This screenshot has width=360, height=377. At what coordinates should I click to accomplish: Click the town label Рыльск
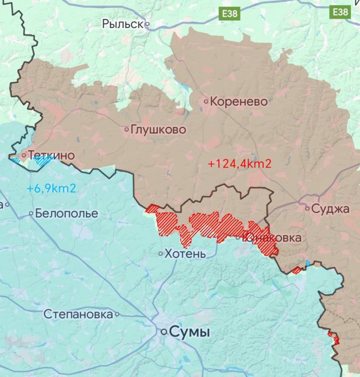pyautogui.click(x=122, y=24)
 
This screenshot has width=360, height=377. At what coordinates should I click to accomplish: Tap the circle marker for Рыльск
pyautogui.click(x=147, y=24)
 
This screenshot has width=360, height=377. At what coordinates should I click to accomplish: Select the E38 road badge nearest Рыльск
pyautogui.click(x=230, y=14)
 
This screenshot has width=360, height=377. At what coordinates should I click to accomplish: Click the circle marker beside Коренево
pyautogui.click(x=206, y=101)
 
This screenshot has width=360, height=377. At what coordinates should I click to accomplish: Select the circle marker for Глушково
pyautogui.click(x=126, y=129)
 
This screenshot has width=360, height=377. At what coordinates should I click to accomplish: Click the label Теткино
pyautogui.click(x=51, y=155)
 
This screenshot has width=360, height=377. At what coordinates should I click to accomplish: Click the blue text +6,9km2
pyautogui.click(x=51, y=189)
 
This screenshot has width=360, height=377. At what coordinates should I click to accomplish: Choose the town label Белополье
pyautogui.click(x=67, y=213)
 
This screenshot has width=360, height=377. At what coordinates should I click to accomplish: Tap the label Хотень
pyautogui.click(x=185, y=254)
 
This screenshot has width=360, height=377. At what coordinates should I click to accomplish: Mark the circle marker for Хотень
pyautogui.click(x=161, y=254)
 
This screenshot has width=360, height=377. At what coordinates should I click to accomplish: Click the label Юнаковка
pyautogui.click(x=272, y=238)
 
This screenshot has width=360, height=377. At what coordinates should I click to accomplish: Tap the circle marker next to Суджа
pyautogui.click(x=307, y=208)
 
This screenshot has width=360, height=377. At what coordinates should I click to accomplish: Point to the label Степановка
pyautogui.click(x=78, y=314)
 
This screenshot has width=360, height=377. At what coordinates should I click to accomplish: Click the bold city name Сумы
pyautogui.click(x=189, y=332)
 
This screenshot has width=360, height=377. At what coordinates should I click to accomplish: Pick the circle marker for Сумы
pyautogui.click(x=164, y=332)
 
